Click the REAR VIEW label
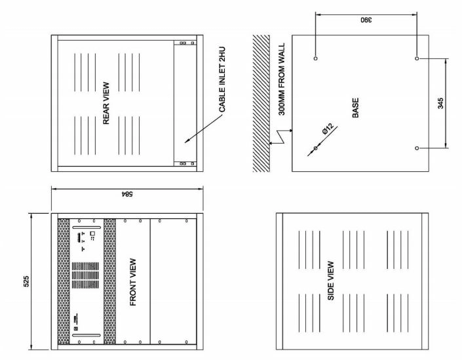click(x=106, y=103)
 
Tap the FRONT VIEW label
click(x=133, y=282)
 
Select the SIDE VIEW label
click(x=331, y=281)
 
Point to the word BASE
click(x=356, y=108)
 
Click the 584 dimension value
click(x=127, y=194)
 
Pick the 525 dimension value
click(x=26, y=281)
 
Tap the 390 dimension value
click(x=366, y=20)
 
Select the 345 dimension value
click(x=440, y=104)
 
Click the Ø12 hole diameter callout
click(x=328, y=129)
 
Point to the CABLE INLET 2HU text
click(x=222, y=79)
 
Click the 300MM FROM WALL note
click(x=282, y=79)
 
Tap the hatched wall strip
click(x=261, y=103)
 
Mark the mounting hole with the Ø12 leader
click(x=316, y=148)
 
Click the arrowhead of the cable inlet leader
click(x=187, y=142)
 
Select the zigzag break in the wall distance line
click(x=280, y=137)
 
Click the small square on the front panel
click(x=92, y=233)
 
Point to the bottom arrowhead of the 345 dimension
click(x=446, y=146)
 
